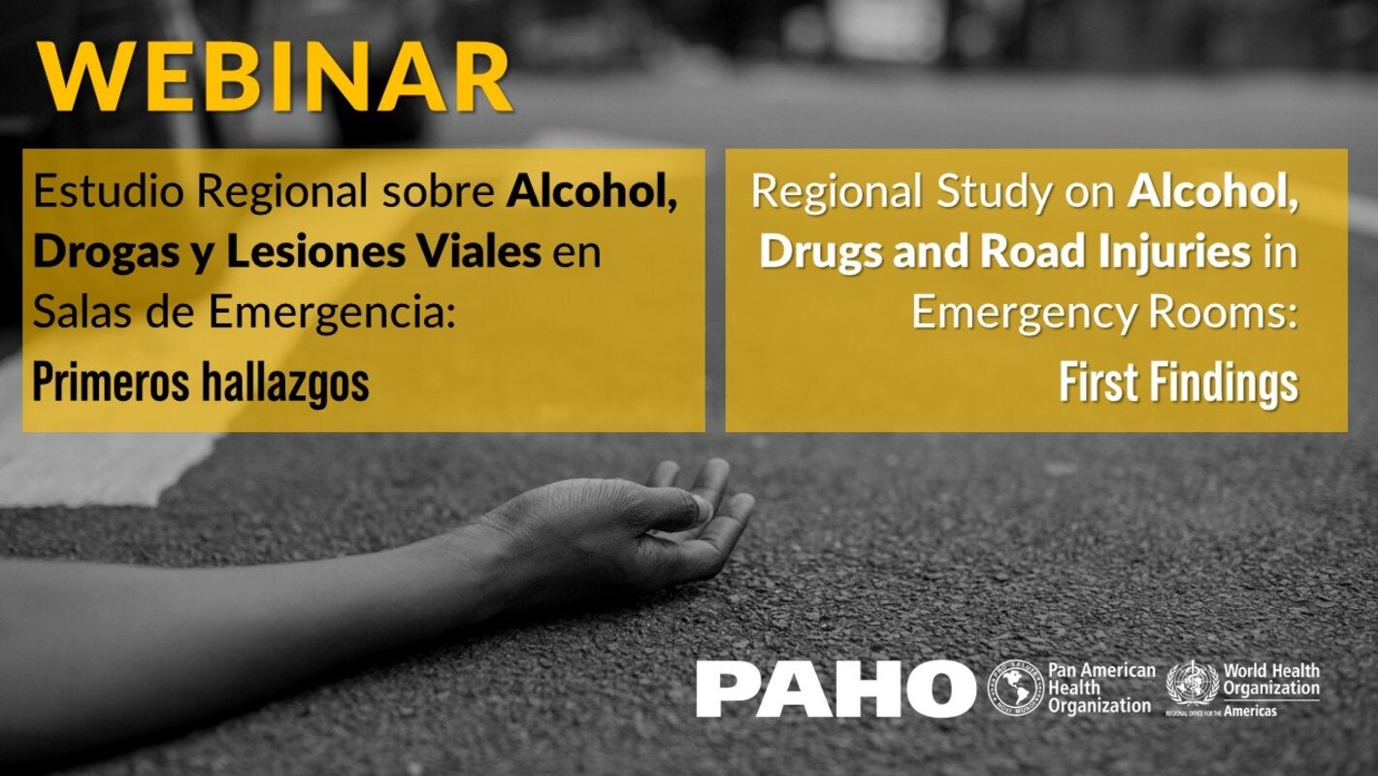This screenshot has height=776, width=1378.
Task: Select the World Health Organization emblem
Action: [1191, 682]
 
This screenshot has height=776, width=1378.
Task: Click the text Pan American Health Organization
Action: [1101, 688]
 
